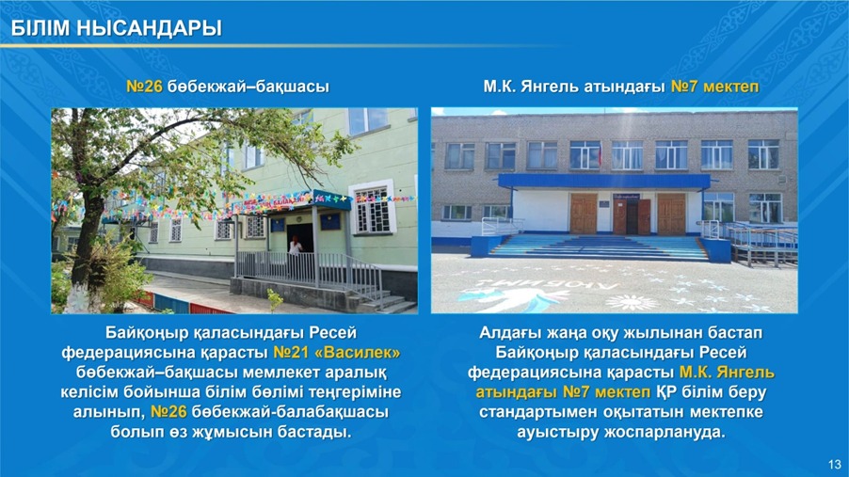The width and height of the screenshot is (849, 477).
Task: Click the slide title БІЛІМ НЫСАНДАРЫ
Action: click(x=117, y=28)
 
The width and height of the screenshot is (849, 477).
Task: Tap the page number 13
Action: click(x=834, y=464)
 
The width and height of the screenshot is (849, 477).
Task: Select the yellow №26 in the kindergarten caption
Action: click(x=144, y=87)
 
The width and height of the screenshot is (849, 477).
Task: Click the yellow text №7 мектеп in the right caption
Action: click(x=714, y=87)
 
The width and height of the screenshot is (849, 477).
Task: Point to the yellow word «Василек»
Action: click(x=358, y=353)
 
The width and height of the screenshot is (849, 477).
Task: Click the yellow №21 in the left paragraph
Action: click(x=291, y=353)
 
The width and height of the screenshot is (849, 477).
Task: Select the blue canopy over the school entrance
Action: click(x=603, y=181)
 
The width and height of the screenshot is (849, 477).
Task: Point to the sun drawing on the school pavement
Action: click(x=631, y=302)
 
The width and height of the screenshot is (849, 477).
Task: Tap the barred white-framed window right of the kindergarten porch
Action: click(x=373, y=208)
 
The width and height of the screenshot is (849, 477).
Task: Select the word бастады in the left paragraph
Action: click(x=314, y=432)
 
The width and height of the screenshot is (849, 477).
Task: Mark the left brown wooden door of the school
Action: click(x=584, y=214)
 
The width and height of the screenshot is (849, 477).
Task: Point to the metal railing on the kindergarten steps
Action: click(x=309, y=271)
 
